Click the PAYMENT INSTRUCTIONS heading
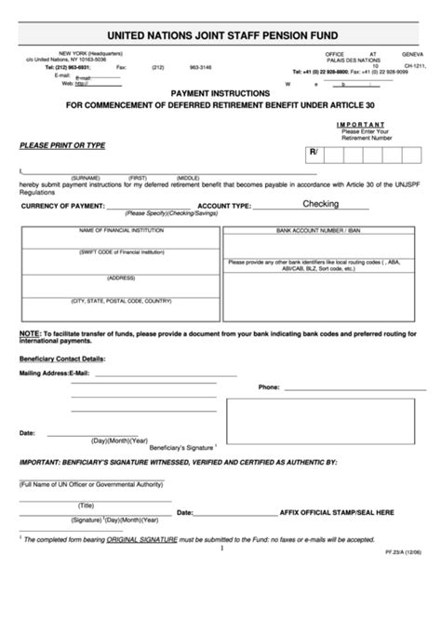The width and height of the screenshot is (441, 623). click(221, 93)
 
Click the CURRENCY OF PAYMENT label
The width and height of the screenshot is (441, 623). click(62, 206)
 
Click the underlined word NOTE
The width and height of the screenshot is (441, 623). click(29, 332)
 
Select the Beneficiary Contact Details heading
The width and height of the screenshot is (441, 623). click(61, 358)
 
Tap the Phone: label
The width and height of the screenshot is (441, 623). click(269, 386)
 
